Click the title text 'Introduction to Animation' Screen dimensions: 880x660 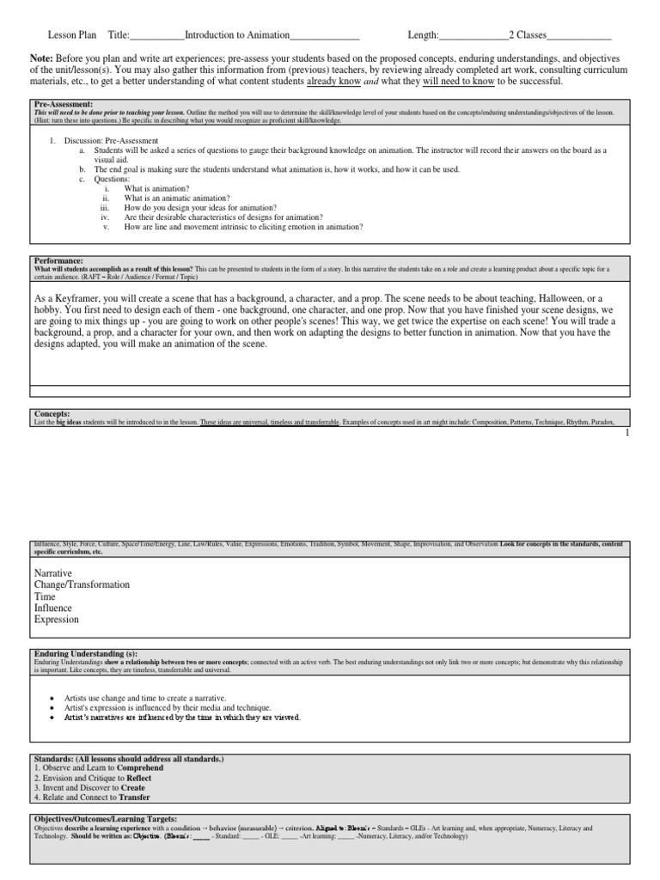point(236,35)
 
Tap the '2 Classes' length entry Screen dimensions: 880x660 point(528,35)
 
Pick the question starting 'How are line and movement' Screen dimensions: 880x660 point(243,227)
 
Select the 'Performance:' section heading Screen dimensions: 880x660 point(58,260)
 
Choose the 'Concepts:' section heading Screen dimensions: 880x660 point(52,413)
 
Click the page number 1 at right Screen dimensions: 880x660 point(627,434)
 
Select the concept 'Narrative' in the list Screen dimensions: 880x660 point(53,572)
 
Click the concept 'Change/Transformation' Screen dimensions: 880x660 point(82,584)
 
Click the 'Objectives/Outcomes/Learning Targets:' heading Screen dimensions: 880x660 point(105,819)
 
